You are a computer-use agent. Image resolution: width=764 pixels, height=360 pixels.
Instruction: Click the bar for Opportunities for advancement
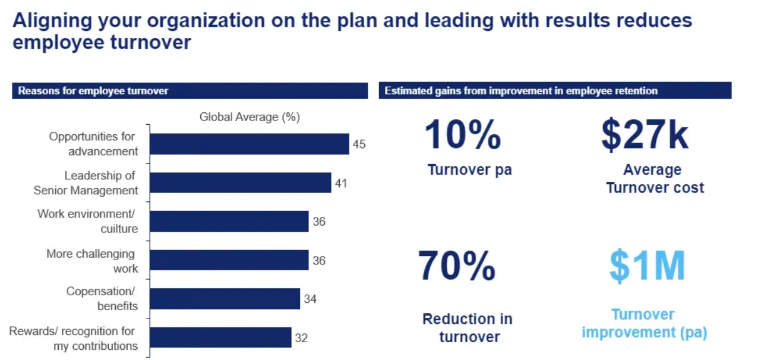(249, 144)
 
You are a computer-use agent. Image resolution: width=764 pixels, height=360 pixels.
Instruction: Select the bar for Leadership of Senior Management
(240, 183)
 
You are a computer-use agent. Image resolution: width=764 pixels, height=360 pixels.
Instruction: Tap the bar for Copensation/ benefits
(225, 299)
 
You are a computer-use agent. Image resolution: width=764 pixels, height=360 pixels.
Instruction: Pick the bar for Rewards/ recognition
(220, 338)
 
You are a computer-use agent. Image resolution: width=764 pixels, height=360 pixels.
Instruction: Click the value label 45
(359, 144)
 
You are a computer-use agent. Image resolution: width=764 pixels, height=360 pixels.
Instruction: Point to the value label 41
(341, 183)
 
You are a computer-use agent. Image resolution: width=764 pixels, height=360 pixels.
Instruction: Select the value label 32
(301, 338)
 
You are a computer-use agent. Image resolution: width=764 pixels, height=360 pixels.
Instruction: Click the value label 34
(310, 299)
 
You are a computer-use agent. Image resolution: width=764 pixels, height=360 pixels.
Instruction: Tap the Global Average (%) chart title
(250, 117)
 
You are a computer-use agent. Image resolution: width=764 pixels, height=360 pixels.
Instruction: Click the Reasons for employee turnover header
(93, 91)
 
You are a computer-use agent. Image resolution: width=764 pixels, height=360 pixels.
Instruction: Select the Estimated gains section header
(521, 91)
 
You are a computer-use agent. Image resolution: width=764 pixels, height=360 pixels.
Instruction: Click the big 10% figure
(463, 135)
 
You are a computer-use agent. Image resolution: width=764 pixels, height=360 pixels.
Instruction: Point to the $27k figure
(645, 135)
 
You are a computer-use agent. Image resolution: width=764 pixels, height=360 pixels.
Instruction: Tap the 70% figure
(457, 266)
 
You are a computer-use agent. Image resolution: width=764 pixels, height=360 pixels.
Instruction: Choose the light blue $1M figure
(647, 266)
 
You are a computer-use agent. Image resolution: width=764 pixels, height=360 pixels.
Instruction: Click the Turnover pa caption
(469, 170)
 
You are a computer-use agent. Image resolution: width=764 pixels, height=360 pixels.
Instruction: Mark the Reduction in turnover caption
(468, 328)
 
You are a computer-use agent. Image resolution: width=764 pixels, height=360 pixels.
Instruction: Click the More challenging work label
(92, 261)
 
